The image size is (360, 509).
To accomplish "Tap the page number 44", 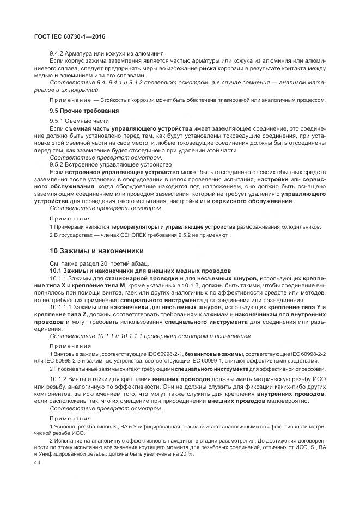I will pyautogui.click(x=37, y=462).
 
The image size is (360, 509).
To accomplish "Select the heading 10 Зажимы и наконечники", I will pyautogui.click(x=96, y=251).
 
